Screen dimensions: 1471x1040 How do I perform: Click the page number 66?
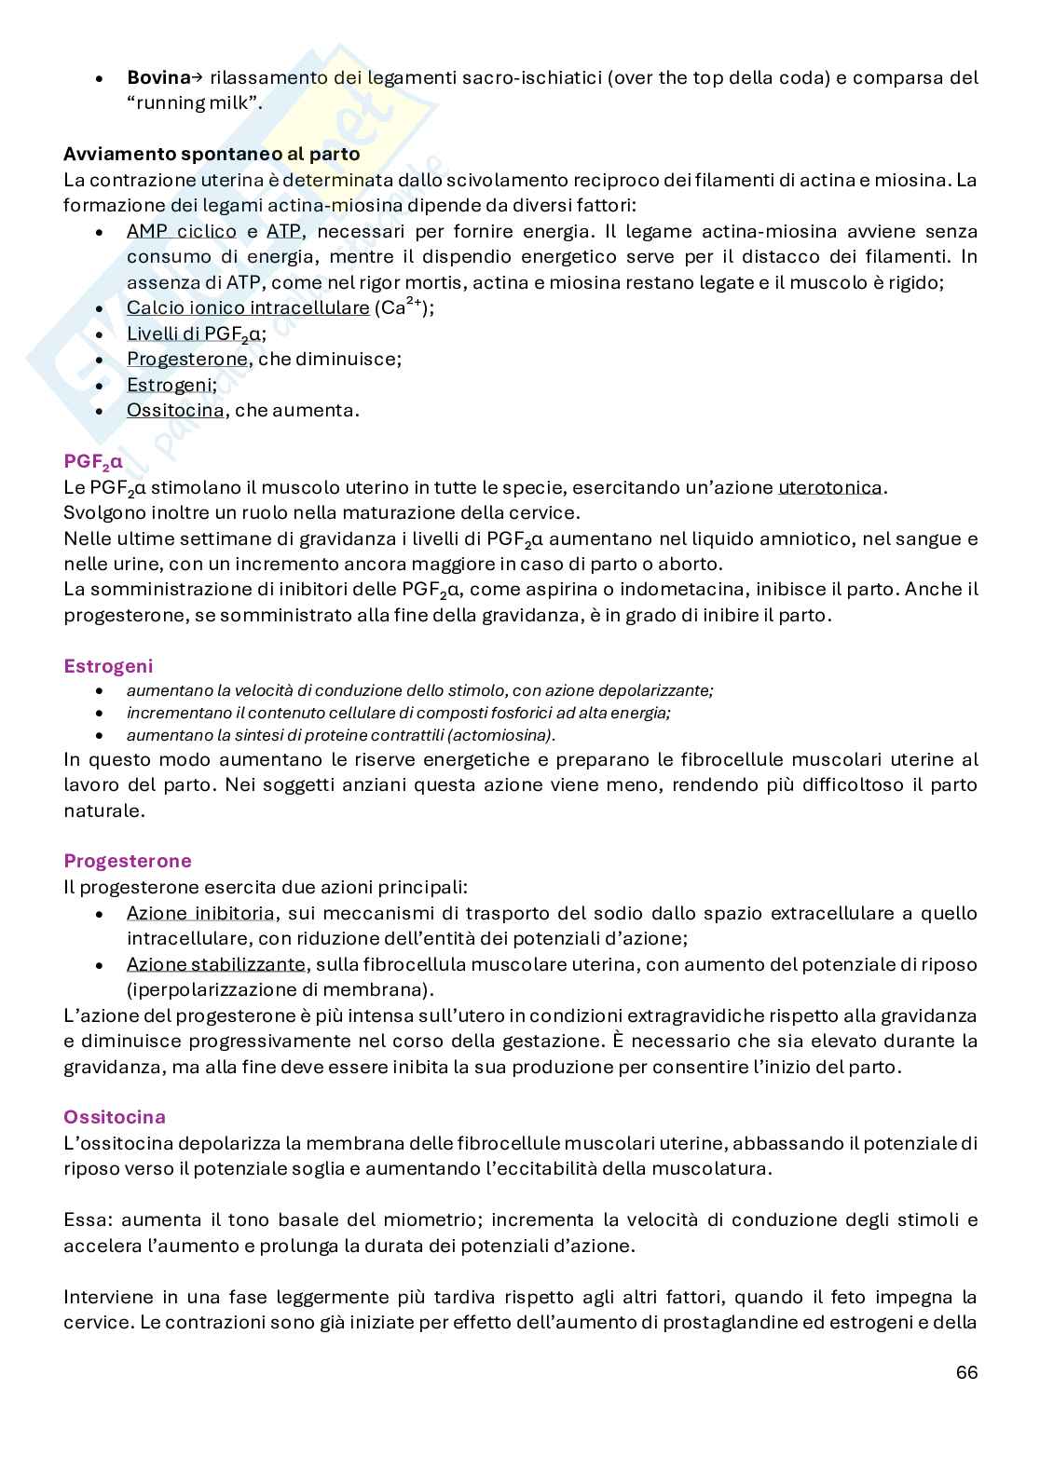point(966,1373)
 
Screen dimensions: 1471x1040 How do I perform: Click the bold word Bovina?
point(157,78)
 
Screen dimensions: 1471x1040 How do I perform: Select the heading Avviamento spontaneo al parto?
point(212,155)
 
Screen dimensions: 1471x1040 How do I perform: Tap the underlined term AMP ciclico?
point(182,231)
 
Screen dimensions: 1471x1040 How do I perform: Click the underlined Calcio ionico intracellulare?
point(248,308)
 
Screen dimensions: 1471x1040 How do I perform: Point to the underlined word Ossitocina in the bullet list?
point(175,411)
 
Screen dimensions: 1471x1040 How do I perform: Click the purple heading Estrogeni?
point(108,667)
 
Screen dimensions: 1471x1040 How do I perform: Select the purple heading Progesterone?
point(128,862)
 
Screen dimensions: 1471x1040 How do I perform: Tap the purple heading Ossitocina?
point(115,1117)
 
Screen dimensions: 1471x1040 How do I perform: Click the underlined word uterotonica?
point(830,487)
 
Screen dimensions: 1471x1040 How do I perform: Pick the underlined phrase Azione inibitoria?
point(200,914)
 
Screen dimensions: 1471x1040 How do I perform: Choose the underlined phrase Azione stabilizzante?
point(215,965)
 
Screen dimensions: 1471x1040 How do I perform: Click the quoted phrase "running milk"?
point(193,103)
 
